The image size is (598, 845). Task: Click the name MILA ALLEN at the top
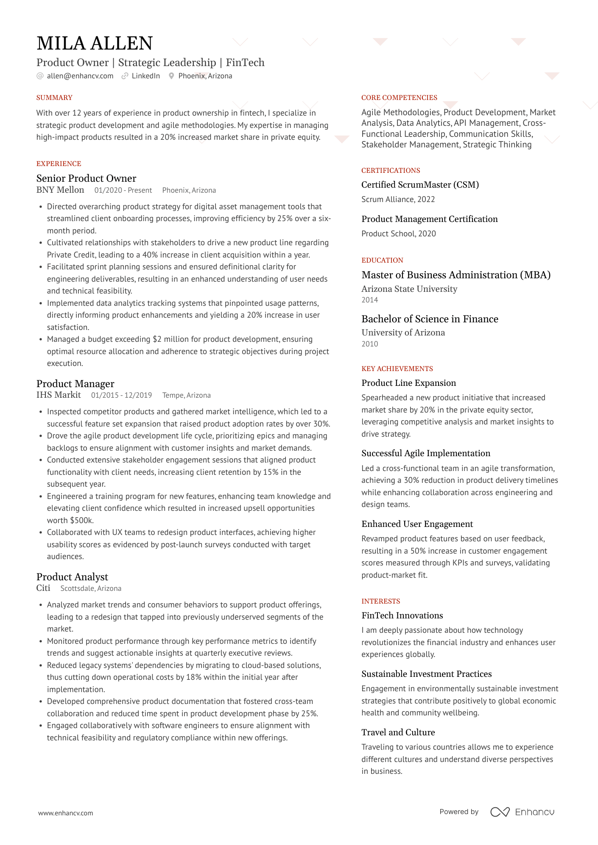point(95,43)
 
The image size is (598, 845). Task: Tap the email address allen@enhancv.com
point(80,76)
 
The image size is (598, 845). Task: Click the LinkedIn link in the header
point(145,76)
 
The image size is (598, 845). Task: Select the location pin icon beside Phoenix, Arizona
point(171,76)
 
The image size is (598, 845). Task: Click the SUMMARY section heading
point(54,97)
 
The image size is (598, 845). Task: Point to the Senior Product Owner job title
point(86,178)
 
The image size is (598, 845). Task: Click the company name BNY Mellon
point(60,190)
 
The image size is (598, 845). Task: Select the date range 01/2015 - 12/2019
point(121,395)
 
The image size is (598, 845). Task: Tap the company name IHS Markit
point(59,395)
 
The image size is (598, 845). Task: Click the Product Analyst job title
point(72,577)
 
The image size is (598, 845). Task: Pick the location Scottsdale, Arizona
point(91,588)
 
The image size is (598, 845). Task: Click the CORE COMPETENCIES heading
point(399,97)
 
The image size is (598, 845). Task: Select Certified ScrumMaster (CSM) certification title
point(420,185)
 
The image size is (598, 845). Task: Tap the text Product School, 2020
point(398,233)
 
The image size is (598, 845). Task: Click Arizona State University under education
point(409,289)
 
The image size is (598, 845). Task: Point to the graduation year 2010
point(369,344)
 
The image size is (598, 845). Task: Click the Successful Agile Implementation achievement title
point(425,453)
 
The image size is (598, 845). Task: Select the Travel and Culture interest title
point(398,732)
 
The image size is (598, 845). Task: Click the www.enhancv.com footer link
point(66,813)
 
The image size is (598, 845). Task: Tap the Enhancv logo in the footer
point(522,812)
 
